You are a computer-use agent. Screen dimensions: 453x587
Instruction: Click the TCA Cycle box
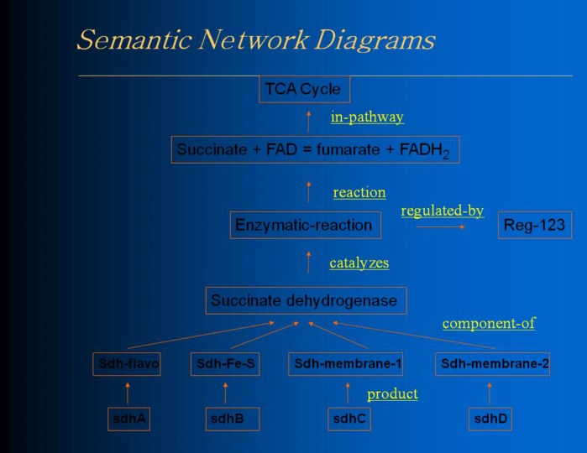(304, 89)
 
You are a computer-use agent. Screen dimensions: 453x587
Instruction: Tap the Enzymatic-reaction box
(304, 225)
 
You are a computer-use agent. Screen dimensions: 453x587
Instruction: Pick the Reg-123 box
(535, 225)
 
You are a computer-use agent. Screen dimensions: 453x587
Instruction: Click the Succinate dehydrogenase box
(307, 300)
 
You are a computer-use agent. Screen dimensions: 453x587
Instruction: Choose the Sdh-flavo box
(128, 364)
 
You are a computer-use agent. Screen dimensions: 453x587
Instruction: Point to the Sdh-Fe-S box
(224, 364)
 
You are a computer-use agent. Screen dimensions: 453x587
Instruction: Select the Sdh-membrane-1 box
(348, 364)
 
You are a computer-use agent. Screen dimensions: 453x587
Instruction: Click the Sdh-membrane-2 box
(494, 364)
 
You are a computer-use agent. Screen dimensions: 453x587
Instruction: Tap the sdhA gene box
(128, 419)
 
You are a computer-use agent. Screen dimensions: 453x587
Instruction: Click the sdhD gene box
(490, 419)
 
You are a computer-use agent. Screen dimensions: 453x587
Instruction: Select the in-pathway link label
(367, 117)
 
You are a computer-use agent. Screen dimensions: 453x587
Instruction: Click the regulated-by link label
(442, 211)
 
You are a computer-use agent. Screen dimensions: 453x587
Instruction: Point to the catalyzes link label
(359, 263)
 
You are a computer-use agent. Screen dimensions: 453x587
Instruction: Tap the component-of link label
(488, 323)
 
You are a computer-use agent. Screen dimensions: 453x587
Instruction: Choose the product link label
(392, 393)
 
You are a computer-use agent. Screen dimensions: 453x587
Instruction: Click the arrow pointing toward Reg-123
(443, 226)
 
